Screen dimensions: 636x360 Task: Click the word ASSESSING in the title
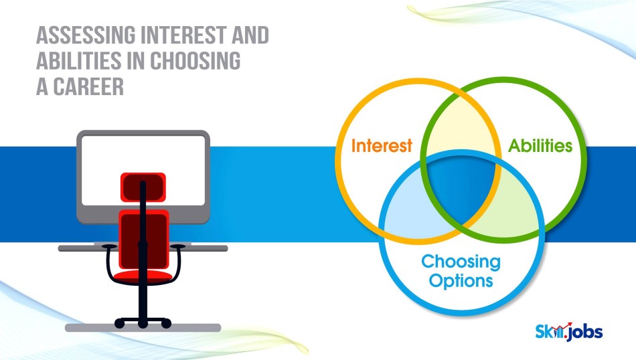(86, 35)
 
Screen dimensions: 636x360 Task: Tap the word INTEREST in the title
(183, 35)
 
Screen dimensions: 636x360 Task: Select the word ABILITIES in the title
(79, 61)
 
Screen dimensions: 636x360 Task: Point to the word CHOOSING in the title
(195, 61)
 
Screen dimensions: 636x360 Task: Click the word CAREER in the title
(88, 86)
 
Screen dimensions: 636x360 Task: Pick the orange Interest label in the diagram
(382, 146)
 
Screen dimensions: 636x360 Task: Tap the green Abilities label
(540, 146)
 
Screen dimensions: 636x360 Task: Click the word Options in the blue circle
(461, 280)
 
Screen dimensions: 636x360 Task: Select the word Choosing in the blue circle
(461, 262)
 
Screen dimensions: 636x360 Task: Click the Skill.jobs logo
(568, 332)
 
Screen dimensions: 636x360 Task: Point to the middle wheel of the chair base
(143, 323)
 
